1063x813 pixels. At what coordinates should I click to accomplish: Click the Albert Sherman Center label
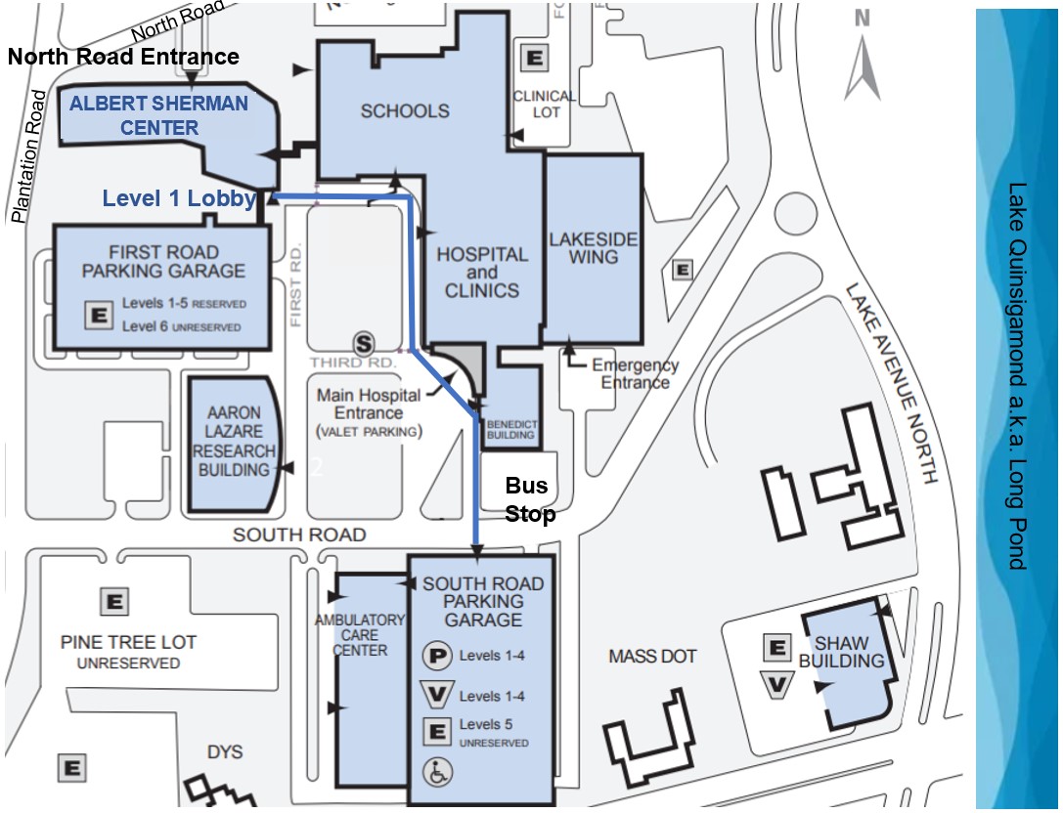click(x=157, y=115)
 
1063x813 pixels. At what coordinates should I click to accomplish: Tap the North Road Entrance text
click(x=123, y=57)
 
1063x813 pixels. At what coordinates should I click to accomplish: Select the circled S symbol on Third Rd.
click(x=364, y=343)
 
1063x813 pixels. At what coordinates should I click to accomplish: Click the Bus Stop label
click(x=530, y=499)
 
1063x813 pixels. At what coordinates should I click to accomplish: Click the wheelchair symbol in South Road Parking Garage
click(x=437, y=772)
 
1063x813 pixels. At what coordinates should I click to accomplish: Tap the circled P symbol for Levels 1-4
click(x=436, y=656)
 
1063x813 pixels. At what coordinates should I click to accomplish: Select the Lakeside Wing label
click(x=593, y=247)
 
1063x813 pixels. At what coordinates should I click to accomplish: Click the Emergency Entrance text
click(x=635, y=373)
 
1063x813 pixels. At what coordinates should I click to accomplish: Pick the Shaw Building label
click(x=841, y=652)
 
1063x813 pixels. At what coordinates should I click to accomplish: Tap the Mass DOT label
click(x=652, y=657)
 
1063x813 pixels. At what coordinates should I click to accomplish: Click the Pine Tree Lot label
click(x=128, y=651)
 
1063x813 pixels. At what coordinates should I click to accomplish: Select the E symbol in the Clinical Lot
click(x=535, y=58)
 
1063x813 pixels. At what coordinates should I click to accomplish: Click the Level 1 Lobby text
click(x=179, y=199)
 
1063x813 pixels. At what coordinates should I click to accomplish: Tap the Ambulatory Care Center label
click(x=360, y=635)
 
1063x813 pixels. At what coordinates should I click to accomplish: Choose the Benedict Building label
click(x=511, y=429)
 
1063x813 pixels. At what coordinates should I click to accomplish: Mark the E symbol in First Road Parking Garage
click(x=98, y=315)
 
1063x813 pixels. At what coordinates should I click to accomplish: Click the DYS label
click(x=225, y=752)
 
